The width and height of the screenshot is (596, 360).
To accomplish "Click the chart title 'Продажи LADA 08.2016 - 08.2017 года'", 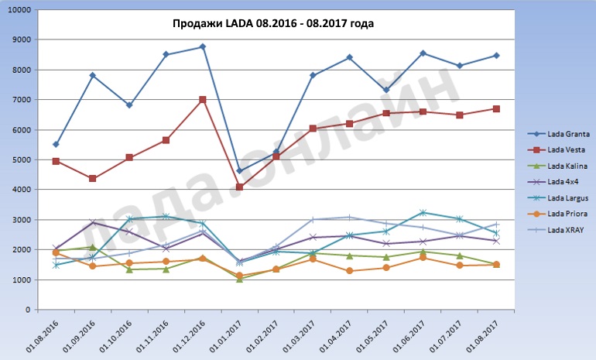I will [x=272, y=24].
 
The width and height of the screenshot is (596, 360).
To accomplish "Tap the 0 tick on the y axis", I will [x=26, y=310].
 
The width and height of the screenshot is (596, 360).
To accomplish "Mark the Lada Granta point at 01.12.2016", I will [x=203, y=46].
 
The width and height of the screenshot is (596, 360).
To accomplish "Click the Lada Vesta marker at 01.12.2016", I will [x=203, y=100].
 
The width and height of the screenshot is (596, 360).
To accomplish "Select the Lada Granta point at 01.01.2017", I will [x=240, y=171].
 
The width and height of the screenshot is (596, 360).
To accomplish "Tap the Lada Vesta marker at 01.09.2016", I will [x=93, y=179].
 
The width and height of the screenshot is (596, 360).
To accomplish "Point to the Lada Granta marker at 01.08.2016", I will [x=56, y=144].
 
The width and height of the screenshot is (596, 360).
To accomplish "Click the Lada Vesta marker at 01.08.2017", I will [x=496, y=109].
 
